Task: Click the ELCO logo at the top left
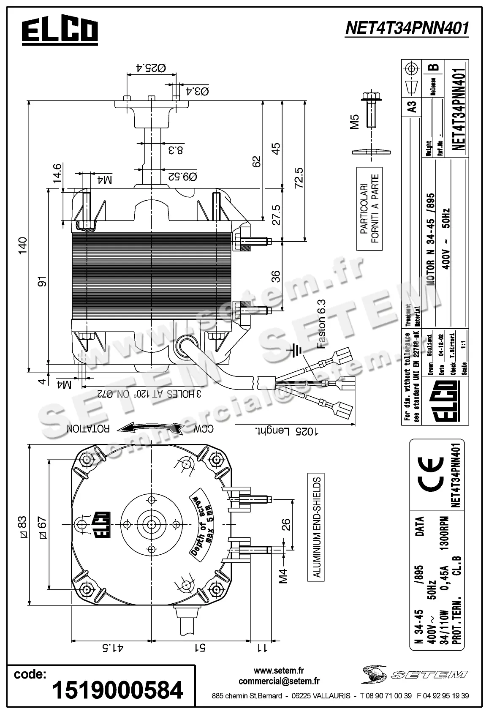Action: tap(60, 31)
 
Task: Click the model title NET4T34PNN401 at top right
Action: tap(407, 29)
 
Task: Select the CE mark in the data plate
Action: tap(431, 475)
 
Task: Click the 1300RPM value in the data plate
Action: tap(443, 539)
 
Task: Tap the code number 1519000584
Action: tap(117, 690)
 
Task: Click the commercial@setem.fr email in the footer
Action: tap(279, 681)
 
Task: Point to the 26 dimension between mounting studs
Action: tap(286, 524)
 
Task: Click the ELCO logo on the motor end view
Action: tap(101, 524)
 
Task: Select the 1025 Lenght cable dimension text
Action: tap(286, 431)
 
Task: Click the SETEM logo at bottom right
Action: tap(414, 674)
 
